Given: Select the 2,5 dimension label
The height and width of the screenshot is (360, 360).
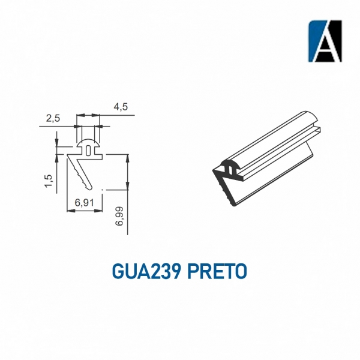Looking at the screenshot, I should [53, 118].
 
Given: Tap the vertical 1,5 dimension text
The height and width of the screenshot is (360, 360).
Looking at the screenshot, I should [47, 179].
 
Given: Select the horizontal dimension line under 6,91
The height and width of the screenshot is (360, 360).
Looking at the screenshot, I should [85, 210].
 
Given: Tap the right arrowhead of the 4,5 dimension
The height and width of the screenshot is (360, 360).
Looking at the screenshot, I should [101, 115].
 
